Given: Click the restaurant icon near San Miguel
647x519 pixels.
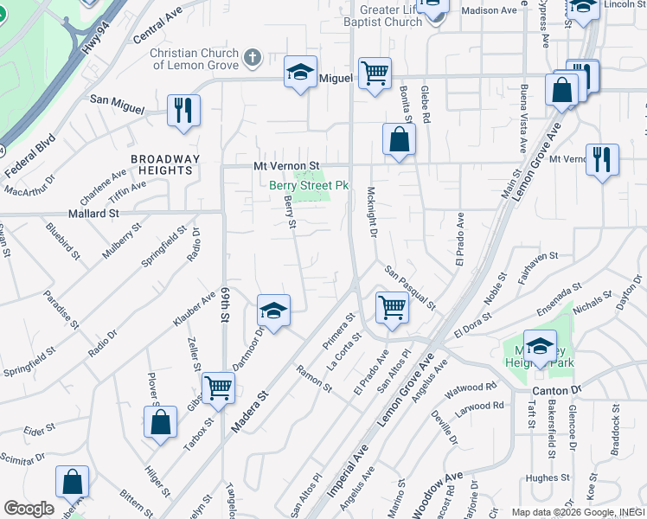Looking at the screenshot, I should [183, 110].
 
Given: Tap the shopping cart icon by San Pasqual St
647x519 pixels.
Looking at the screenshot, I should [393, 307].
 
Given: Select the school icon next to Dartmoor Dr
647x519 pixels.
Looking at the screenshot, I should [273, 311].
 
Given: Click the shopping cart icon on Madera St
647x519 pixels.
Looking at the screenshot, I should [218, 387].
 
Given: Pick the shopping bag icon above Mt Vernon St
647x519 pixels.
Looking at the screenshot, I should [399, 138].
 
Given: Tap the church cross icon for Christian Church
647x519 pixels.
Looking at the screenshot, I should [252, 58].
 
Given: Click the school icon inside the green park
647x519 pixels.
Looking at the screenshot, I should [541, 346].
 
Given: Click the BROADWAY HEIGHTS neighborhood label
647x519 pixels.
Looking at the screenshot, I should [165, 164].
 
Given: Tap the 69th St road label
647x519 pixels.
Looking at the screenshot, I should [223, 305].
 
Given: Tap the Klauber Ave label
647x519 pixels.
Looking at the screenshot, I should [194, 308].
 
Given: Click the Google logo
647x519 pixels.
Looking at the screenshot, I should [29, 509].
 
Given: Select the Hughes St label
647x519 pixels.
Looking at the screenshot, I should [548, 477].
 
